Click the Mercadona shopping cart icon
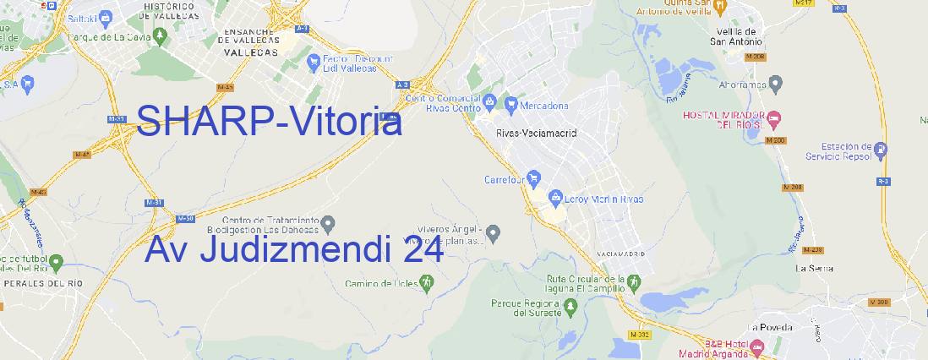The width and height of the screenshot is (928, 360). [x=511, y=105]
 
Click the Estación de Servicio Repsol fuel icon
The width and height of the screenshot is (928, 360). [x=882, y=150]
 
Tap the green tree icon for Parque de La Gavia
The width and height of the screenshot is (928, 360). [x=60, y=37]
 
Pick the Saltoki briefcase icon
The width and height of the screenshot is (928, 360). [x=106, y=16]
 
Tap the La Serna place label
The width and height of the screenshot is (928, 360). [x=815, y=268]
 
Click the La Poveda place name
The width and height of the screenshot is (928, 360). [x=770, y=327]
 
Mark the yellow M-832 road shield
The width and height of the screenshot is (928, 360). [x=641, y=335]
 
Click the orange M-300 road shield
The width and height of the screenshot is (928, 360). [x=879, y=303]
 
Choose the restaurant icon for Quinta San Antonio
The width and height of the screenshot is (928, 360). [x=720, y=7]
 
